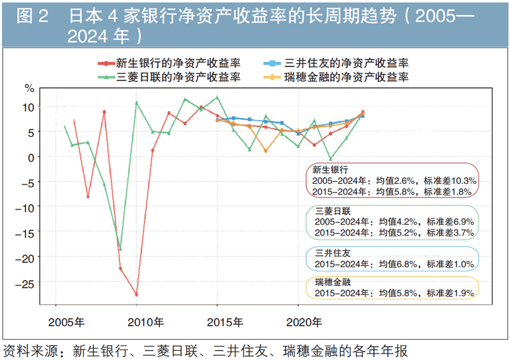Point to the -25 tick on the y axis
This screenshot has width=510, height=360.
(x=27, y=283)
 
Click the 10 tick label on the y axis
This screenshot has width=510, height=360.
(x=29, y=107)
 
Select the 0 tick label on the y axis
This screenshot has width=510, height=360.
(x=31, y=157)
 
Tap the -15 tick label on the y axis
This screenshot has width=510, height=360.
(x=27, y=232)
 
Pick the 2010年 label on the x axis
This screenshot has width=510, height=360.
(x=145, y=321)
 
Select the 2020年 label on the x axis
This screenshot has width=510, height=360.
(x=306, y=321)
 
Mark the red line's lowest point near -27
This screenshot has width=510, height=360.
(x=136, y=295)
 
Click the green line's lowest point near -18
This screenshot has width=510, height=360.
(x=120, y=249)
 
